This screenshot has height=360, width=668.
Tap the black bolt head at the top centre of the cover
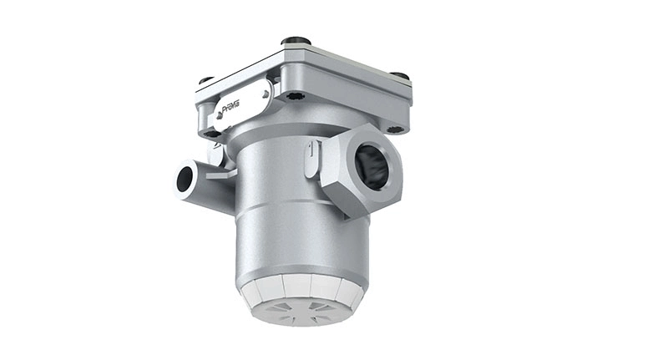point(295,41)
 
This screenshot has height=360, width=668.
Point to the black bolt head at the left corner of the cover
point(205,81)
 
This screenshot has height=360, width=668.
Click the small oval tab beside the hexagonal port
point(312,159)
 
